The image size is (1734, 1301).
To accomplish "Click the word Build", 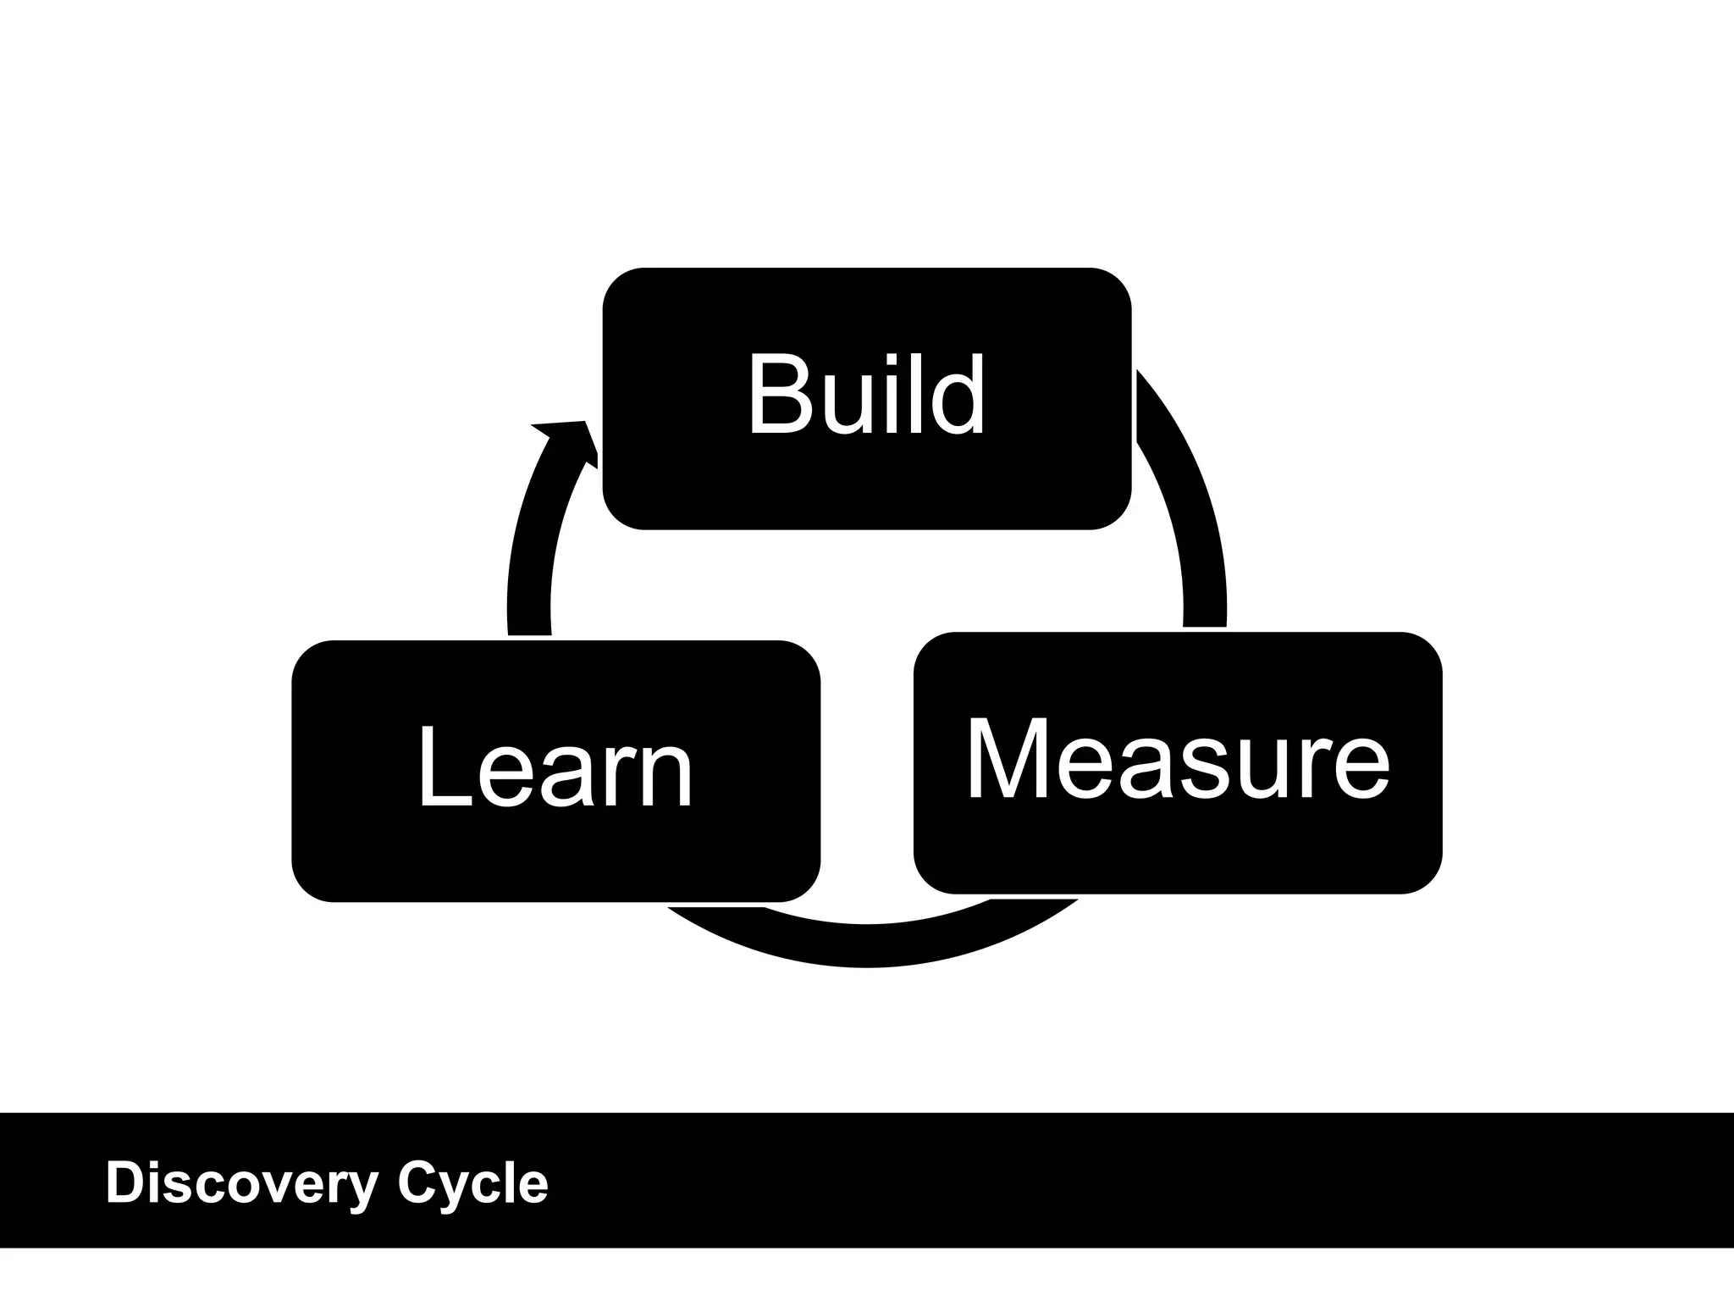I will pyautogui.click(x=866, y=395).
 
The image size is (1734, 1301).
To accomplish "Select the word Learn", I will pyautogui.click(x=555, y=768).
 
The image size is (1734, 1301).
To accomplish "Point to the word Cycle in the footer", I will pyautogui.click(x=472, y=1183).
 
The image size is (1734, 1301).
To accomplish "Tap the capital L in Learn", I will pyautogui.click(x=442, y=768).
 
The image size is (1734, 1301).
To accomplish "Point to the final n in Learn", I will pyautogui.click(x=669, y=775).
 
